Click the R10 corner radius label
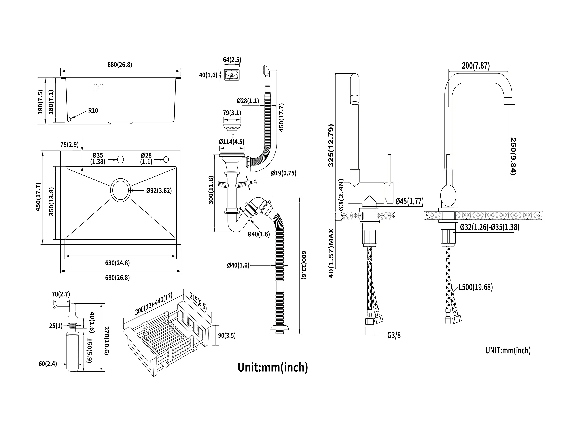93,110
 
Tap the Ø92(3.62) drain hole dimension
159,191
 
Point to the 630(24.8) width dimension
117,263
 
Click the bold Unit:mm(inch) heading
272,367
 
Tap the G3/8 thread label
394,335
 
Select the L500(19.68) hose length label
476,287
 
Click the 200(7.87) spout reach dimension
476,66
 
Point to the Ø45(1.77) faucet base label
409,201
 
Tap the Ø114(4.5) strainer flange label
231,142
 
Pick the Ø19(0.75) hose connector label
283,173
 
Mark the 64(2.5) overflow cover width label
232,60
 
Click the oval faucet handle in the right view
448,197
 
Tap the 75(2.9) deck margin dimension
69,144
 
